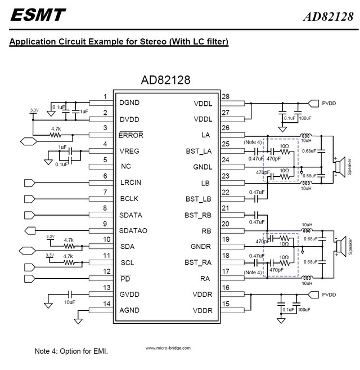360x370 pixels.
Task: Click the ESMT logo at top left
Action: tap(38, 15)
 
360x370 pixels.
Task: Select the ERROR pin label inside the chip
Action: tap(132, 135)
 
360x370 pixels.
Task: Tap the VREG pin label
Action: tap(130, 151)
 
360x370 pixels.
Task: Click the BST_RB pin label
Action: tap(198, 215)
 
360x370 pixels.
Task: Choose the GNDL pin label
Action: tap(201, 167)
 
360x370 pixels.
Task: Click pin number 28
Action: tap(226, 97)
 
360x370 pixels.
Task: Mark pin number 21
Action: tap(226, 208)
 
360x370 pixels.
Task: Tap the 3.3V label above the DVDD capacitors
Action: tap(34, 110)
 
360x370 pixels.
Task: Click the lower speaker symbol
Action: tap(339, 247)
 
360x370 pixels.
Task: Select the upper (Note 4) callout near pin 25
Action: tap(253, 142)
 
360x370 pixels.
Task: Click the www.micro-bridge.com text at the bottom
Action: tap(168, 348)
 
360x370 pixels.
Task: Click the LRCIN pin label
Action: tap(131, 183)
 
